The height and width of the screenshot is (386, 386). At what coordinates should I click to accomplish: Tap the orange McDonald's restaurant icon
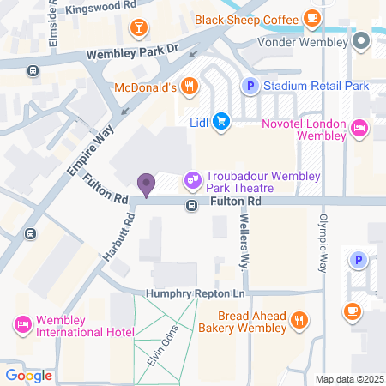pyautogui.click(x=190, y=87)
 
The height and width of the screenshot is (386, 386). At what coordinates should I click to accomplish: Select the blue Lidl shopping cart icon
pyautogui.click(x=221, y=121)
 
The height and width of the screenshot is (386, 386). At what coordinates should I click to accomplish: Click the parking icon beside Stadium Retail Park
pyautogui.click(x=250, y=86)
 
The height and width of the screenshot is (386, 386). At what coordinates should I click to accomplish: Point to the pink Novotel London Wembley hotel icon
pyautogui.click(x=359, y=129)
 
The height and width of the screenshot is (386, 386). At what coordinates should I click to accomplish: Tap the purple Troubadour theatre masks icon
pyautogui.click(x=192, y=181)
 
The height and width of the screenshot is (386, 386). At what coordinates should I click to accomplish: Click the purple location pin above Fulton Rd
pyautogui.click(x=146, y=183)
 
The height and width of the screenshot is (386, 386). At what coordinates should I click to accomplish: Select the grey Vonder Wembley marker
pyautogui.click(x=360, y=39)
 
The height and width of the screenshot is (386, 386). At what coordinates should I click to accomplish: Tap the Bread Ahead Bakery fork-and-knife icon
pyautogui.click(x=299, y=320)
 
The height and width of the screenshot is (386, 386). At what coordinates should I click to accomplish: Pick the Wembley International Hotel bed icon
pyautogui.click(x=21, y=324)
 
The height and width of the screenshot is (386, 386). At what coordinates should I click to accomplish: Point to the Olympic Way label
pyautogui.click(x=324, y=239)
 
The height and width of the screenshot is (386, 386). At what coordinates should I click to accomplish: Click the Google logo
pyautogui.click(x=28, y=375)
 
